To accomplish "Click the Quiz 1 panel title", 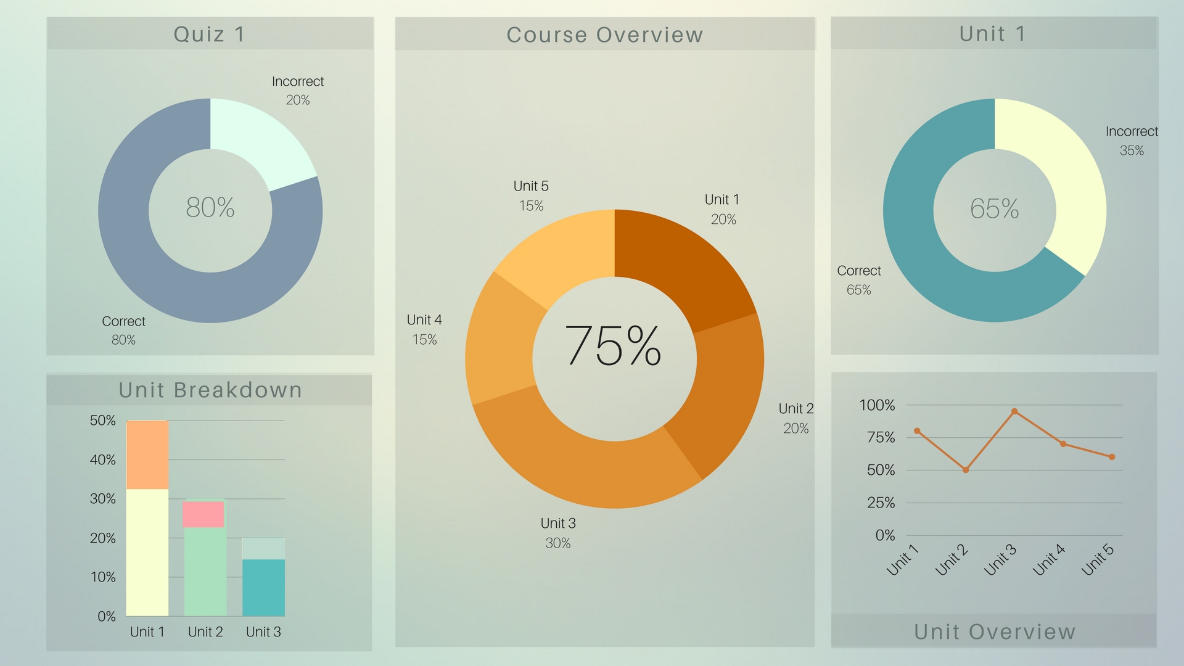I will pos(209,34).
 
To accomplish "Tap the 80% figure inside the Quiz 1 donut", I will pos(210,208).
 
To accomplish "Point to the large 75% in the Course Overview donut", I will pos(613,346).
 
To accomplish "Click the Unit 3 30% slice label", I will pos(558,533).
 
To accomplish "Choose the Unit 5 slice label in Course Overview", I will pos(531,195).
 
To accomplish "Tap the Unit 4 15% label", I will pos(424,329).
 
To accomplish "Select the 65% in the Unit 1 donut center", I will pos(994,209).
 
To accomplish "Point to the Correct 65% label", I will pos(859,280).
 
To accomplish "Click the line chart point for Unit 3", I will pos(1014,411).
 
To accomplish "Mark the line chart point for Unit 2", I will pos(966,470).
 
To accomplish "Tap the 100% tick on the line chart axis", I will pos(877,405).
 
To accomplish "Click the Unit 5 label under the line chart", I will pos(1098,559).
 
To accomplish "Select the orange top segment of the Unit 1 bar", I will pos(147,454).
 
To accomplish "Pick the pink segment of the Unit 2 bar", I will pos(203,514).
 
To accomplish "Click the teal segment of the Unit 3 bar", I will pos(263,587).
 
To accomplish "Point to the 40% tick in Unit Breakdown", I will pos(102,459).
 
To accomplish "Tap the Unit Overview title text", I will pos(994,631).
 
